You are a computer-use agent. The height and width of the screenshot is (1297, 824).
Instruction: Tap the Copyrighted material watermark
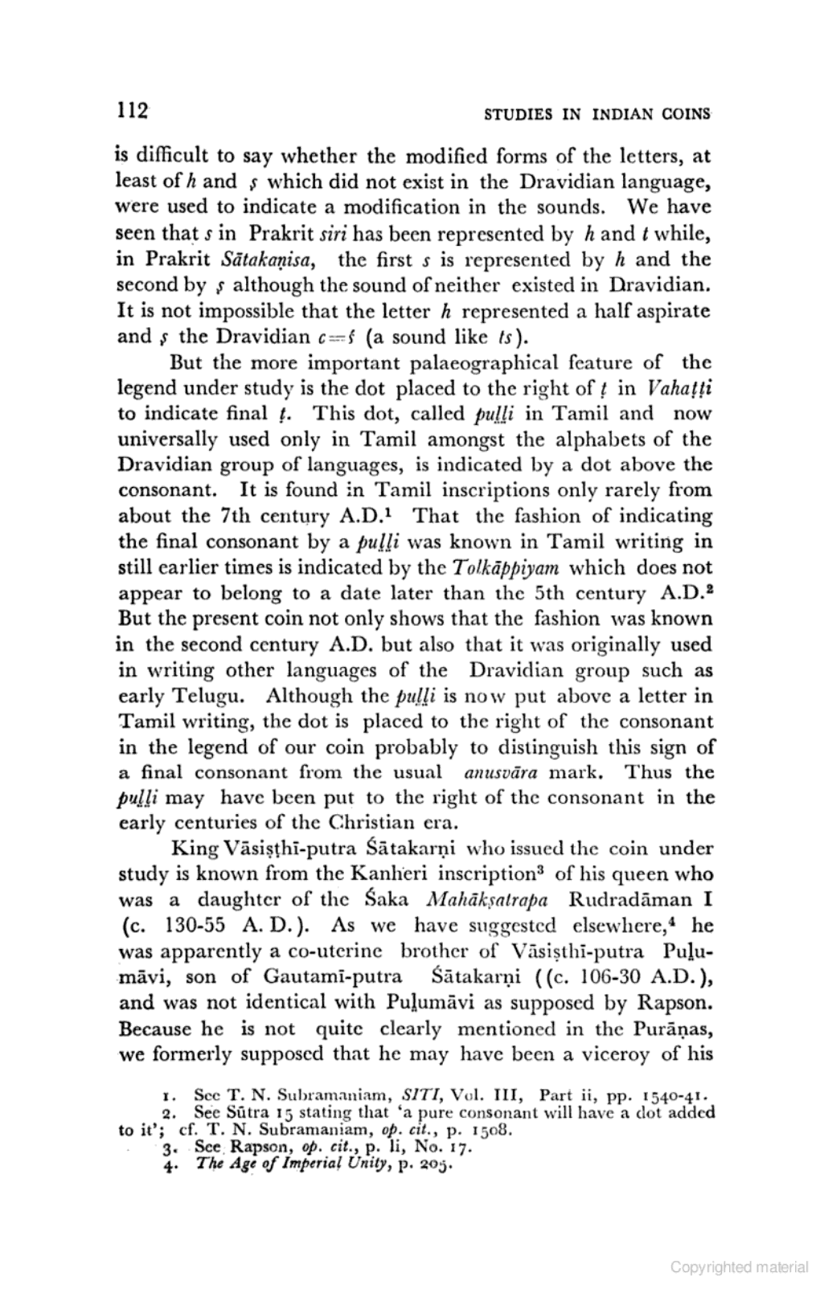pos(739,1267)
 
